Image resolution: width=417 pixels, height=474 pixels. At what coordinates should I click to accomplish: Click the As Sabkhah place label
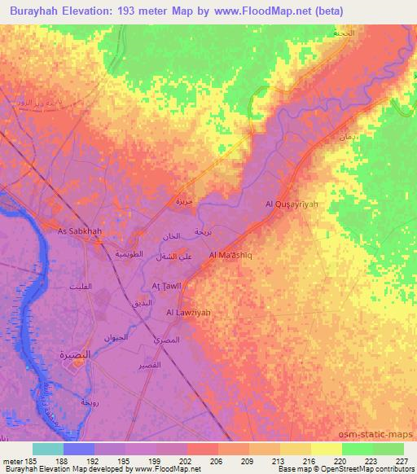tap(80, 231)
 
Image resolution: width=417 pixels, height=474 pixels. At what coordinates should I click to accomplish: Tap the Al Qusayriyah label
tap(292, 204)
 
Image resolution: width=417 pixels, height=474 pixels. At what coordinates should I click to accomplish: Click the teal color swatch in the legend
tap(48, 449)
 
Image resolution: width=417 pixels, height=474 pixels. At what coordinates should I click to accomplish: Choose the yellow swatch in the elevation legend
tap(327, 449)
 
